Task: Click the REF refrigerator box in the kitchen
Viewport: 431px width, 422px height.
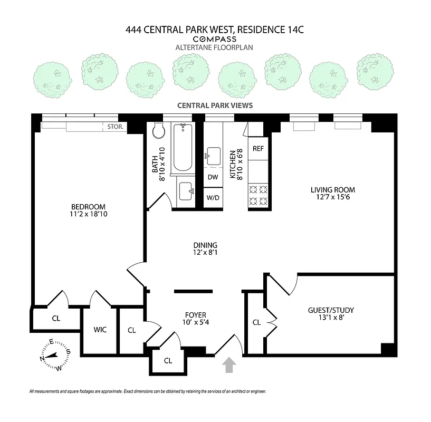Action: pos(258,148)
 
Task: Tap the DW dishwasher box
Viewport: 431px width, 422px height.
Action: pos(213,177)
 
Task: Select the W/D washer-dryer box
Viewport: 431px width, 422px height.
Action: pos(213,198)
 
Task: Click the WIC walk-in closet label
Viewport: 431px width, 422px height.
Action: pos(100,330)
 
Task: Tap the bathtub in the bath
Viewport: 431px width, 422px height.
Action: pos(183,147)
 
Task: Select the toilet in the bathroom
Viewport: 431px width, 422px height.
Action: pos(158,133)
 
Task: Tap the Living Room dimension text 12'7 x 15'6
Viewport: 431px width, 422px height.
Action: pos(332,198)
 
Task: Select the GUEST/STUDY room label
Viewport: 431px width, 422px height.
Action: pos(331,310)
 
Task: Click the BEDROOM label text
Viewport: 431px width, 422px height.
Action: pos(88,206)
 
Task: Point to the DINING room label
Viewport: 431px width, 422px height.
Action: pos(205,245)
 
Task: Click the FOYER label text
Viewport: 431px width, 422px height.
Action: pos(195,315)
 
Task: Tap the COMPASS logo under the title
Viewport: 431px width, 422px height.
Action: pos(215,39)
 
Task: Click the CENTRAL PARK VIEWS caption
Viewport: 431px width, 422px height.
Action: pos(215,105)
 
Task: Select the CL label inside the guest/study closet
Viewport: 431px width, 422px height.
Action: pos(256,322)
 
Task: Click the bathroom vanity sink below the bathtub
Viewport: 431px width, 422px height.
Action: pos(185,191)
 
